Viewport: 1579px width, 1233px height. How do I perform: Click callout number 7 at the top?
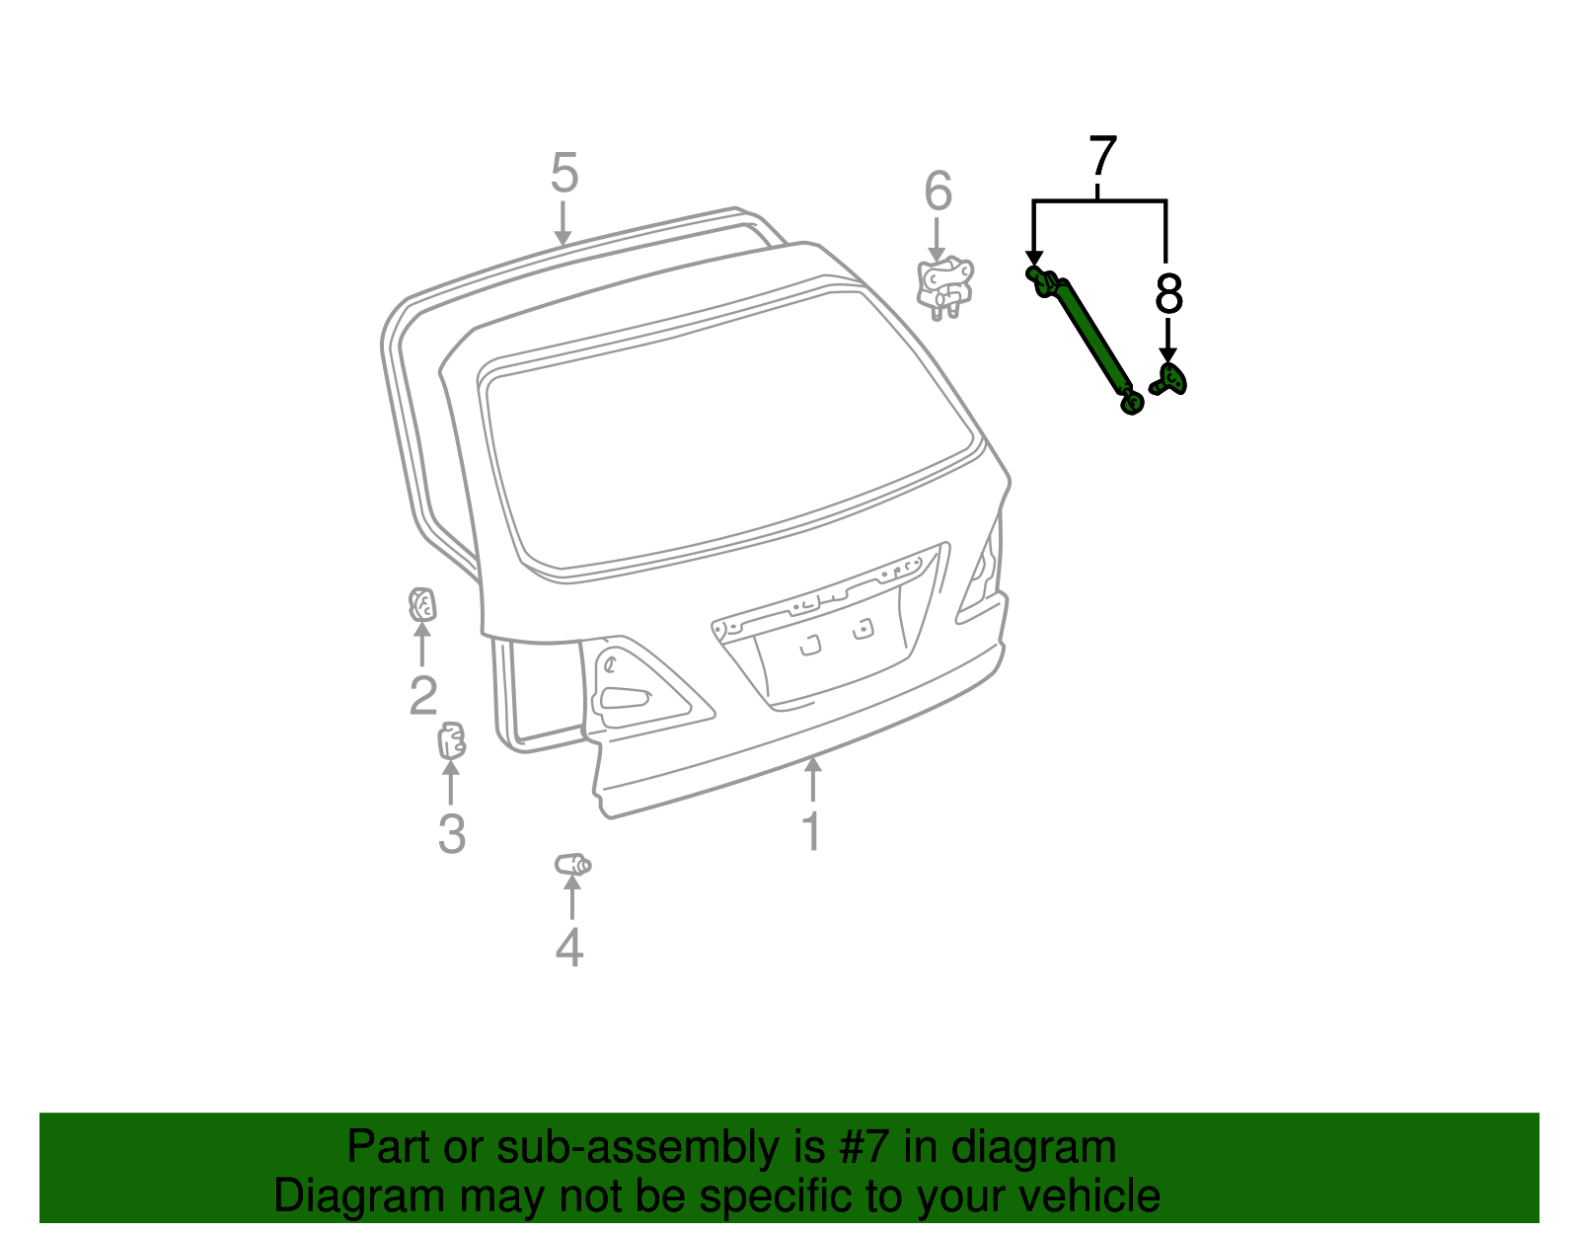tap(1102, 157)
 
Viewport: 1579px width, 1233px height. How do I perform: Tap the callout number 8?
tap(1167, 293)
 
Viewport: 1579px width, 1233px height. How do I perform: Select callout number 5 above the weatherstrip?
tap(564, 174)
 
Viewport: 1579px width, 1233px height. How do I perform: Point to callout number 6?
tap(938, 192)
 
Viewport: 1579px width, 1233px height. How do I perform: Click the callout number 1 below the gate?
tap(811, 831)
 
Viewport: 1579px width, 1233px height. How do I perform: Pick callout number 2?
tap(422, 696)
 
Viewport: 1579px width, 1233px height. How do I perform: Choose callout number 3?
tap(451, 834)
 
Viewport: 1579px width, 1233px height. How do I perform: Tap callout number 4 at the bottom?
tap(569, 948)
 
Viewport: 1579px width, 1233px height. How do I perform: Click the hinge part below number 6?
tap(944, 285)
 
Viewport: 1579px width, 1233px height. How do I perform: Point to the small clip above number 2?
tap(422, 603)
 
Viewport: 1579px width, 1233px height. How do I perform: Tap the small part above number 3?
tap(451, 740)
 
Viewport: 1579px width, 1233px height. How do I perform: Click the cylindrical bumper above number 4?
tap(572, 865)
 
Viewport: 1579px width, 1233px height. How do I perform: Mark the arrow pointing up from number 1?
tap(812, 780)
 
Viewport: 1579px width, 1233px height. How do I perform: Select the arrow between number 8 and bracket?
tap(1167, 341)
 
